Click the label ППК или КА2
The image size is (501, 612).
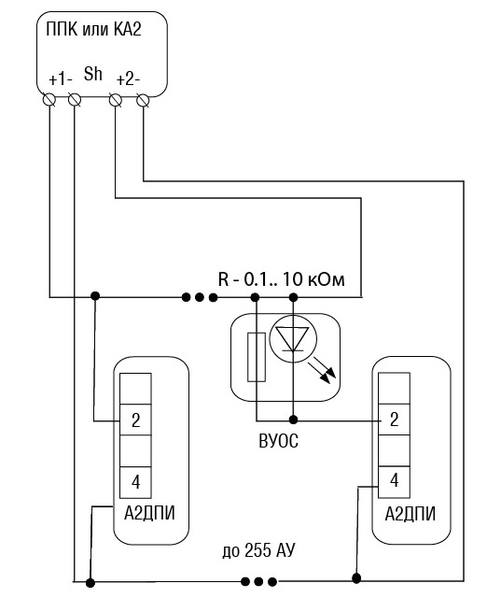click(x=93, y=29)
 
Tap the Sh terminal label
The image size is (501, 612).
click(x=93, y=74)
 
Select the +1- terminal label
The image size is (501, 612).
click(x=61, y=80)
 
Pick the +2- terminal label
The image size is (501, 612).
click(x=128, y=80)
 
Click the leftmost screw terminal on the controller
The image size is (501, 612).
click(x=49, y=100)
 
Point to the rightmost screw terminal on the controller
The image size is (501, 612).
click(x=143, y=100)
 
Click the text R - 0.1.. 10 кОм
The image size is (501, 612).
click(x=281, y=280)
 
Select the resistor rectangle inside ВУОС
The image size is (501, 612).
click(x=257, y=357)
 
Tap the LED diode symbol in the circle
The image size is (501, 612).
click(x=293, y=338)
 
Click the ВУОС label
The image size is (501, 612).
click(x=279, y=441)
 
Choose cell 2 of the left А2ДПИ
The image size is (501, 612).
click(x=135, y=420)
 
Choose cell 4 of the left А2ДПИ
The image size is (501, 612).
click(x=135, y=482)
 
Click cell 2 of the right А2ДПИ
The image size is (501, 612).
click(x=394, y=420)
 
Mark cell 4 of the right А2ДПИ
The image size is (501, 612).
click(x=394, y=482)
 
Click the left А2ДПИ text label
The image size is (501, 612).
click(x=149, y=513)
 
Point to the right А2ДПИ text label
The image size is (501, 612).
click(x=411, y=514)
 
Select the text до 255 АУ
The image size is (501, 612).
click(x=258, y=550)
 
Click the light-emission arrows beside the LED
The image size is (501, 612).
click(x=322, y=373)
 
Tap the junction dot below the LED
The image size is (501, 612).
click(x=294, y=420)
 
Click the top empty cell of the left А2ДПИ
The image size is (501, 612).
click(x=135, y=389)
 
